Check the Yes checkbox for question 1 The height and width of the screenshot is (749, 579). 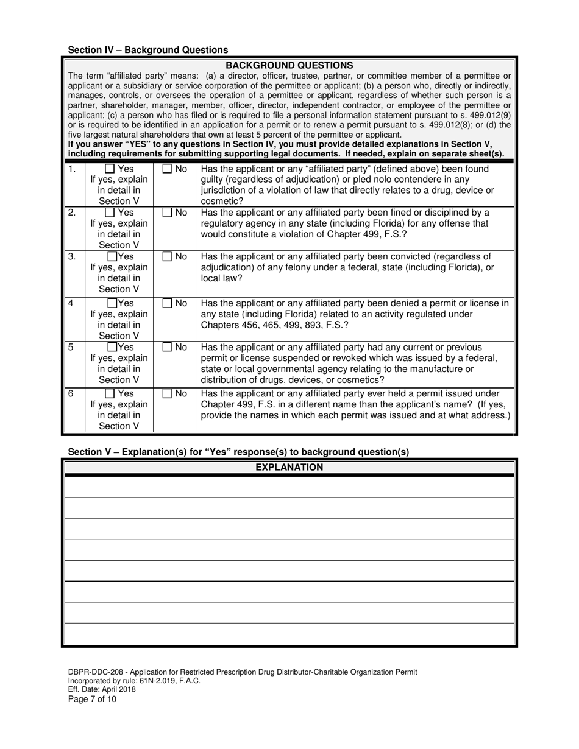click(x=110, y=169)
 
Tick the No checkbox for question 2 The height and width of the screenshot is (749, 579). click(x=167, y=213)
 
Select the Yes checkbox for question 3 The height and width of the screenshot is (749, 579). click(x=113, y=257)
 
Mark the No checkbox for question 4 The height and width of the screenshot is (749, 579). click(x=167, y=303)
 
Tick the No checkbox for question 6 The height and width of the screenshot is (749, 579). click(x=167, y=394)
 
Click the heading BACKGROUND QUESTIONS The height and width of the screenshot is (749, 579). click(x=289, y=65)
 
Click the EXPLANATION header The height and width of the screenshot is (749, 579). click(x=289, y=468)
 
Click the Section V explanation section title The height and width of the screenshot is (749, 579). click(x=238, y=452)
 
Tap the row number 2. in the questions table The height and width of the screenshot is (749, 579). click(x=72, y=213)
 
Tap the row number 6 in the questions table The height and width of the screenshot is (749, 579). click(x=71, y=393)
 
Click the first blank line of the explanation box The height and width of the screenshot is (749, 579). click(x=289, y=487)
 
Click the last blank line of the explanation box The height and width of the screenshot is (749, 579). click(x=289, y=634)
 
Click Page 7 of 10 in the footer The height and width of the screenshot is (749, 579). click(x=92, y=699)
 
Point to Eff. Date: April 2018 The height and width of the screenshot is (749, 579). click(x=102, y=690)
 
